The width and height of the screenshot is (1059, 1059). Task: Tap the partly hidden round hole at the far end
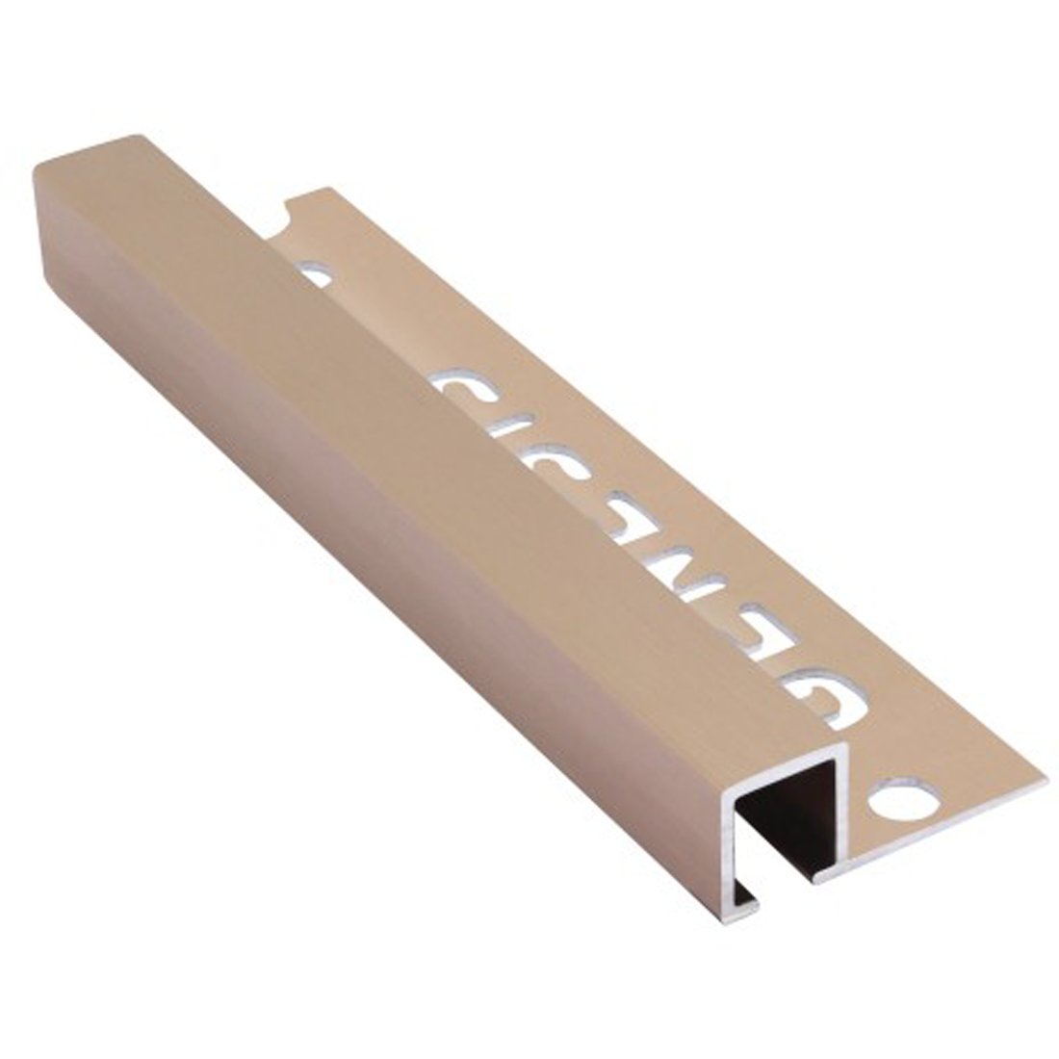click(x=315, y=277)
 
